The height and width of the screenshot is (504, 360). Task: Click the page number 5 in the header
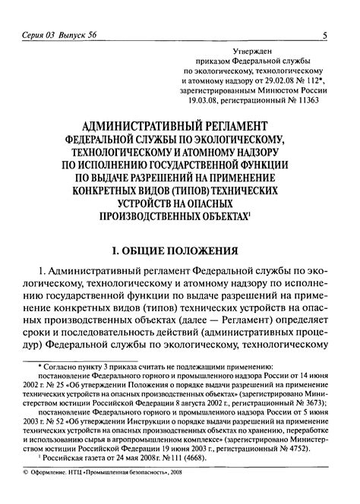(x=325, y=35)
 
